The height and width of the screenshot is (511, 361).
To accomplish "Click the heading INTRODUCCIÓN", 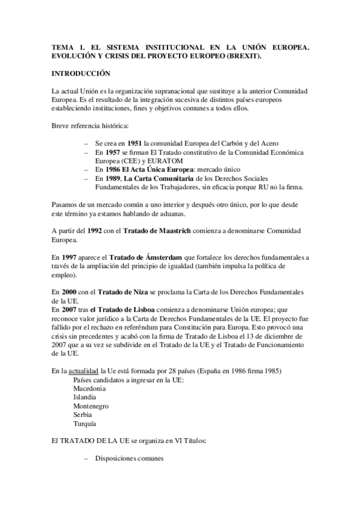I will coord(81,74).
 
